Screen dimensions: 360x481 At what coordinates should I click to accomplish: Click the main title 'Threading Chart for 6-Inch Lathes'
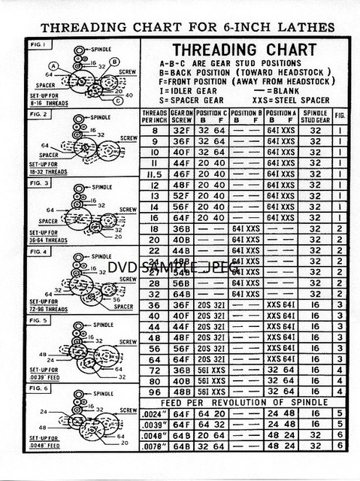(x=187, y=27)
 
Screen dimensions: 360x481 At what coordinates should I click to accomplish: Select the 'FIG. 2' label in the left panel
(x=38, y=114)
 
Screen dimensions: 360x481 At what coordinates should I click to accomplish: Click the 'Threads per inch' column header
(x=153, y=116)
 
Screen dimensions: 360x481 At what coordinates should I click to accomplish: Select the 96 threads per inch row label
(x=153, y=391)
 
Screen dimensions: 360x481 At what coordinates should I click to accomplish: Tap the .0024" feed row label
(x=153, y=413)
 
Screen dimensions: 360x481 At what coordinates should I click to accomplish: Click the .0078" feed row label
(x=153, y=446)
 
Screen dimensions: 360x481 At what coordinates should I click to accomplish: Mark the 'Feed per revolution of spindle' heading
(x=241, y=402)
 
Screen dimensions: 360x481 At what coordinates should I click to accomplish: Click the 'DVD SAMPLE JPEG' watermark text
(x=173, y=267)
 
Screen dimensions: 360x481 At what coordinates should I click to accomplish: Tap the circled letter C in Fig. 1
(x=118, y=100)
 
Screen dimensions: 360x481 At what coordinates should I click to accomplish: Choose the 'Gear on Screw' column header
(x=181, y=116)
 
